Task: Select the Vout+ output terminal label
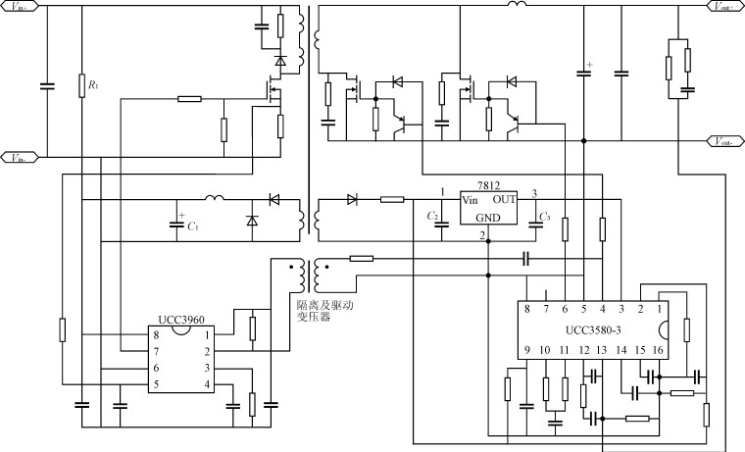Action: point(722,6)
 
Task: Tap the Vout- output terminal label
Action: point(722,142)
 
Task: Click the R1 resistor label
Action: point(93,86)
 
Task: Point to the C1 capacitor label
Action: point(192,226)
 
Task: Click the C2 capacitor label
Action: point(433,216)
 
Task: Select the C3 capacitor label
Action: point(546,216)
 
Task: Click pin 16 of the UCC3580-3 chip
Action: point(658,351)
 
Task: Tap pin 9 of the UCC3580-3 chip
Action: point(526,351)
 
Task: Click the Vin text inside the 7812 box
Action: point(472,199)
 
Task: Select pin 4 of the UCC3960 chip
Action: point(207,383)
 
